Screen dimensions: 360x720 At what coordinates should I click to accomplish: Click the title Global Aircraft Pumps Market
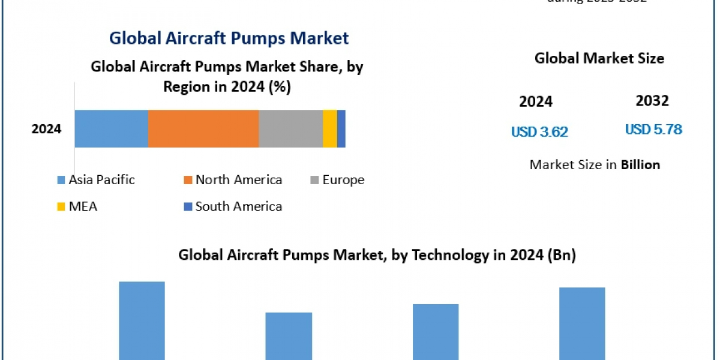[x=229, y=38]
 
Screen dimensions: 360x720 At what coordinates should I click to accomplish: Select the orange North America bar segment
[x=203, y=128]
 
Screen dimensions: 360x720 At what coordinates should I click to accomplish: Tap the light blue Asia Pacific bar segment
[x=111, y=128]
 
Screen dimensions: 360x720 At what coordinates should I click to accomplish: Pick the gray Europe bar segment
[x=290, y=128]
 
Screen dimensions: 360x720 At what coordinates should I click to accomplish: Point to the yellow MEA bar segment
[x=330, y=128]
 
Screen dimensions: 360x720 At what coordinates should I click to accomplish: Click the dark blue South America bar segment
[x=341, y=128]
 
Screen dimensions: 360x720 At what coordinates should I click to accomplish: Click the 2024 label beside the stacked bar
[x=47, y=128]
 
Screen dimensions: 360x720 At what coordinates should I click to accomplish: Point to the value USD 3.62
[x=539, y=131]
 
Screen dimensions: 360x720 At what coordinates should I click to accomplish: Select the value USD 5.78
[x=653, y=129]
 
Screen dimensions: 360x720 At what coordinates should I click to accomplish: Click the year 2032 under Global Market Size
[x=652, y=101]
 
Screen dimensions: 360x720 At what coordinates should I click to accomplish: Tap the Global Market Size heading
[x=599, y=58]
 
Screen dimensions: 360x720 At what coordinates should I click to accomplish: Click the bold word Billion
[x=640, y=164]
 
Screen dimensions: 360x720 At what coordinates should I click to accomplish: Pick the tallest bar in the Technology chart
[x=142, y=320]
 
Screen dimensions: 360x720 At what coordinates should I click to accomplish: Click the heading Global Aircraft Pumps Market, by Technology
[x=377, y=255]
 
